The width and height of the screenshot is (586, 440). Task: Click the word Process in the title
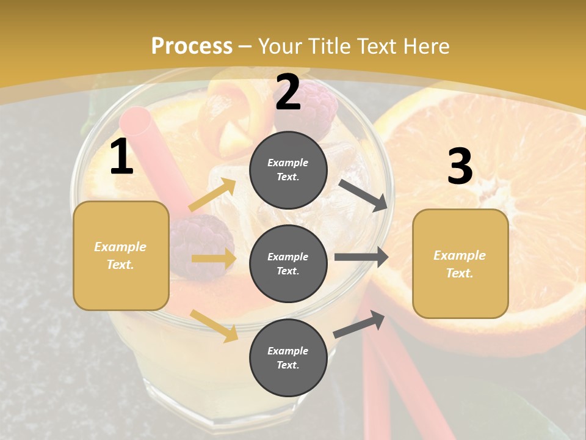(192, 46)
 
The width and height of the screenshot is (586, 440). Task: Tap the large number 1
(121, 157)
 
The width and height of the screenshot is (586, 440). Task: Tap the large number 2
(288, 92)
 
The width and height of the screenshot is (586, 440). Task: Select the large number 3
(460, 166)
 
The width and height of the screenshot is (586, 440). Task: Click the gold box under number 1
(121, 255)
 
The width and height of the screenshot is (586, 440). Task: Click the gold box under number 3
(460, 263)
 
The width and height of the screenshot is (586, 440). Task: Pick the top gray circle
(288, 169)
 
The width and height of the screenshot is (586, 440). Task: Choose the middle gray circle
(288, 263)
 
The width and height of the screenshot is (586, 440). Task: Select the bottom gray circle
(288, 358)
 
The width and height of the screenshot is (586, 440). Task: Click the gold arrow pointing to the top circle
(212, 195)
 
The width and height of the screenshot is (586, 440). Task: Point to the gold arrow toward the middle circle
(213, 258)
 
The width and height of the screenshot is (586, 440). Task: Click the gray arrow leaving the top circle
(363, 195)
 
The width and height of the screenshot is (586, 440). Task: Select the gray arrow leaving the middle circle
(361, 257)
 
